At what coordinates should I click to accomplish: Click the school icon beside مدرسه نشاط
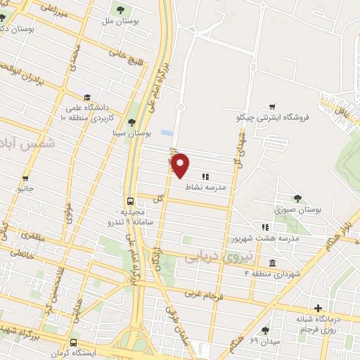(x=205, y=176)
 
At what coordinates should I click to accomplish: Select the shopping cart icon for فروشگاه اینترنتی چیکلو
(x=271, y=107)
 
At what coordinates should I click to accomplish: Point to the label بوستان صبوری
(x=299, y=210)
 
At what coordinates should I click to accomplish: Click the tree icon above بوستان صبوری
(x=298, y=198)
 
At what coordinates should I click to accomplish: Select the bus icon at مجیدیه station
(x=130, y=200)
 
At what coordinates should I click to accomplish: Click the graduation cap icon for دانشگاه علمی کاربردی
(x=86, y=97)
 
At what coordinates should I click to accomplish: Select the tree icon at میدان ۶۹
(x=265, y=330)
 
